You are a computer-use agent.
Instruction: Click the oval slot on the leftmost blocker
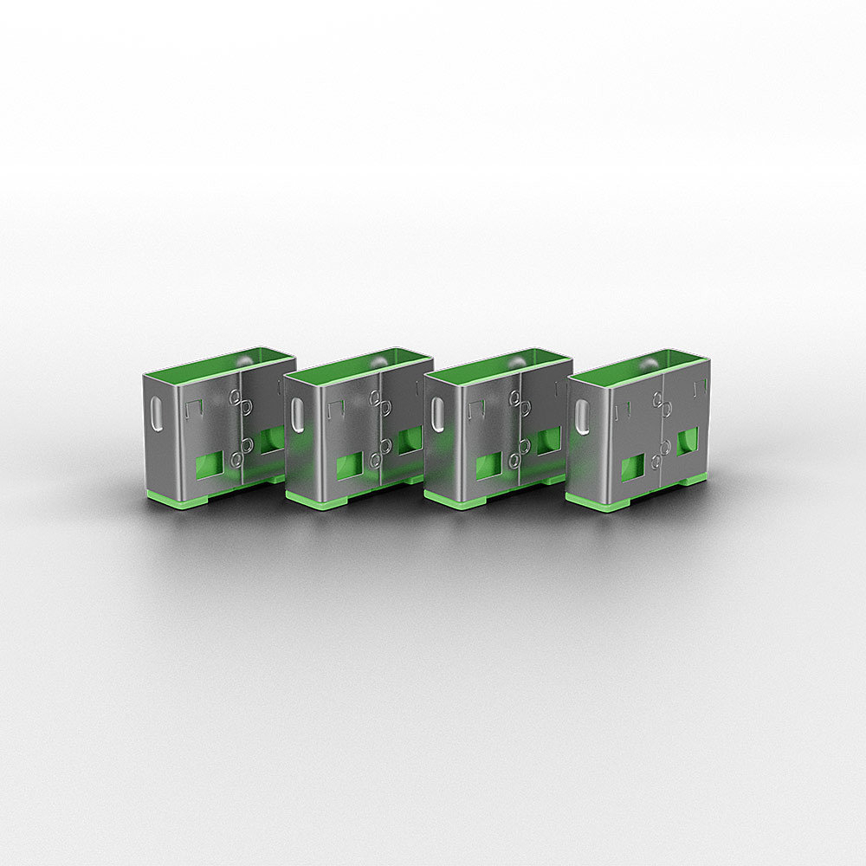[157, 414]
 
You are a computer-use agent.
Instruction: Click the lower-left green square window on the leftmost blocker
[207, 466]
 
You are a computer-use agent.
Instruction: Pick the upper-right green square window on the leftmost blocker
[270, 439]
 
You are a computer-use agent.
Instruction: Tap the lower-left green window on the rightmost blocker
[632, 467]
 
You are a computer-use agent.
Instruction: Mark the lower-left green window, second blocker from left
[349, 466]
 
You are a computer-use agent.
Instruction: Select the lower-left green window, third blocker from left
[488, 466]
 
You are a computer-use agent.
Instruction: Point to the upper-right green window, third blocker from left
[547, 440]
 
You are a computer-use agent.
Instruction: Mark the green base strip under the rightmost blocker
[598, 501]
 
